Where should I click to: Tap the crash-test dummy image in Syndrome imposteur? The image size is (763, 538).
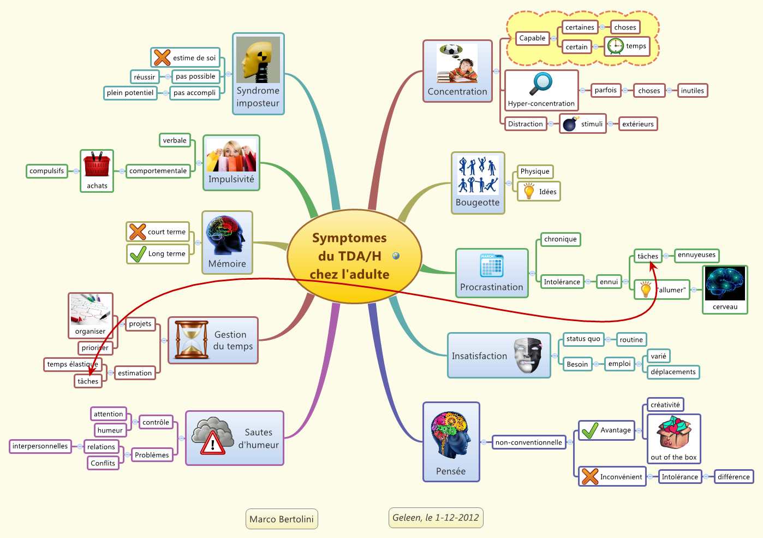258,60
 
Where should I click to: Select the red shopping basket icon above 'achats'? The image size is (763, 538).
97,164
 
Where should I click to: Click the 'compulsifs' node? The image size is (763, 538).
47,171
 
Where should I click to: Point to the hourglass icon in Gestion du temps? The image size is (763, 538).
191,340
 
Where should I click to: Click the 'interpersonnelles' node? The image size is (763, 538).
40,446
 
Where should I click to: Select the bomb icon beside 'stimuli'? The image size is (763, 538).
570,124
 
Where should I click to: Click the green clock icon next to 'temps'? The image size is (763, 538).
616,46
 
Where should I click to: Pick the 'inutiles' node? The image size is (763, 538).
692,91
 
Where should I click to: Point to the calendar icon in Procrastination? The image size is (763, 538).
492,266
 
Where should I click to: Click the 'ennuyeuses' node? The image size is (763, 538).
696,255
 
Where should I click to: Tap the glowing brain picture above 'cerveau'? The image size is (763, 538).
725,283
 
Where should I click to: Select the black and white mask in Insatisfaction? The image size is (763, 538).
527,355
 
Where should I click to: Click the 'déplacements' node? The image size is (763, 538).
673,372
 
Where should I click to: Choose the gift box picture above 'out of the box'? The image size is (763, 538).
673,432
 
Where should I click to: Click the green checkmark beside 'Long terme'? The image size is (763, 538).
138,253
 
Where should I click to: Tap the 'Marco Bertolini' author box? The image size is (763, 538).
282,519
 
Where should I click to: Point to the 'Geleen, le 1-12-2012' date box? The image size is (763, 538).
436,518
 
